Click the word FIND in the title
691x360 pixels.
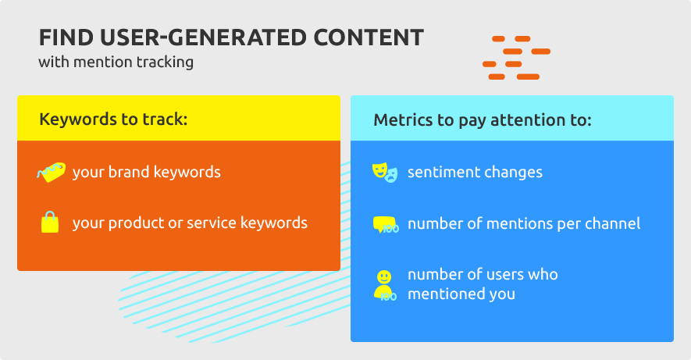(x=66, y=37)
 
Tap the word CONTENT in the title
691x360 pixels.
(x=369, y=37)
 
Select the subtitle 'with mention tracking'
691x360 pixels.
(x=116, y=62)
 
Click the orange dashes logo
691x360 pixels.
(x=516, y=58)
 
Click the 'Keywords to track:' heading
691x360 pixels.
(x=113, y=119)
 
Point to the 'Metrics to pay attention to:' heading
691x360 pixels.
(x=483, y=119)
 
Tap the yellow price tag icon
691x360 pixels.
(x=51, y=172)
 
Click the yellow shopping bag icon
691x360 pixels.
(x=50, y=222)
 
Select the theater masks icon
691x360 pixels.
(x=385, y=172)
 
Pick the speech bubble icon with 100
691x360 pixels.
(x=386, y=224)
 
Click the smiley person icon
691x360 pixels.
(x=385, y=286)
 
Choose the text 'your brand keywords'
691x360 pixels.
(x=146, y=173)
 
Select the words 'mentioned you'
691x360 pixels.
(x=461, y=294)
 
